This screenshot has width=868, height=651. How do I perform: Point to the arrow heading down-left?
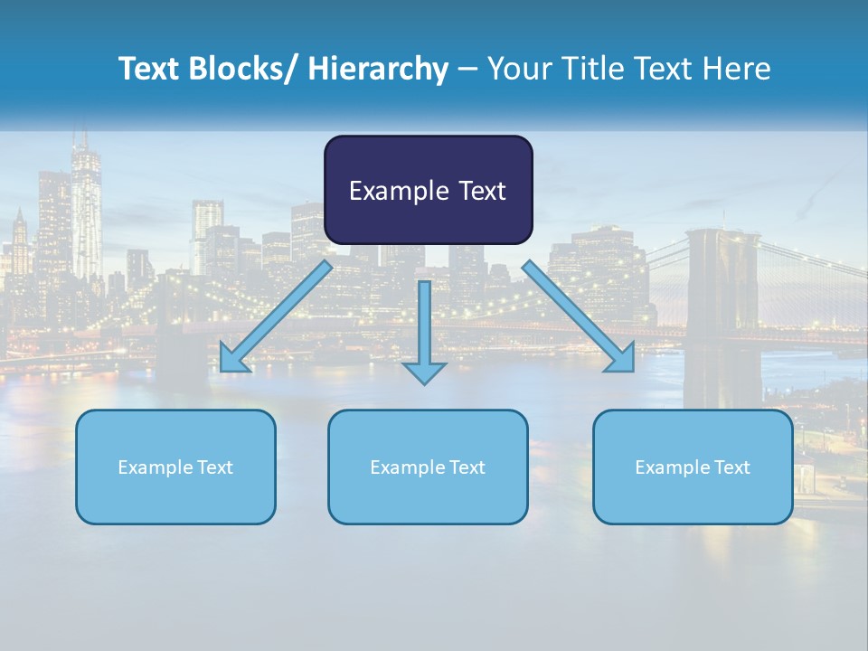[x=276, y=316]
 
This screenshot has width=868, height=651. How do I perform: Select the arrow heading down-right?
[x=579, y=316]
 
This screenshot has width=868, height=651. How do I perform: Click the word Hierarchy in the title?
[x=378, y=69]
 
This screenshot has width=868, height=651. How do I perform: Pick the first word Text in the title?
[x=151, y=69]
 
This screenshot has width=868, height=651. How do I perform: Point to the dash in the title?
[x=467, y=69]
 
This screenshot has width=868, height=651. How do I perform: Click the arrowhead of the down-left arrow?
[x=233, y=359]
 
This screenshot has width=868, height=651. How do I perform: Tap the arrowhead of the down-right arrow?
[x=621, y=359]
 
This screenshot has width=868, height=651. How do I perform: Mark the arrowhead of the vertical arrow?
[x=424, y=372]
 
